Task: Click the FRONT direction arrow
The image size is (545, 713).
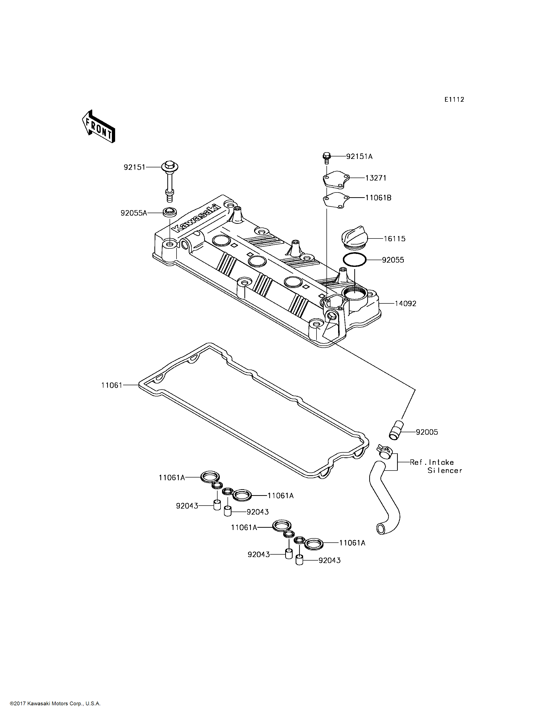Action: coord(98,127)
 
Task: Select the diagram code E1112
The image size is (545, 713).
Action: coord(454,100)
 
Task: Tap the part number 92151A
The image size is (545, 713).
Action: coord(359,156)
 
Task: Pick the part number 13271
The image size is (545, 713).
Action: coord(376,178)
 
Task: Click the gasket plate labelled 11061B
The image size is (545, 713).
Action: coord(336,200)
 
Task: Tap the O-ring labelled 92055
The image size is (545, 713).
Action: coord(355,260)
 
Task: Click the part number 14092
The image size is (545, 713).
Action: coord(405,303)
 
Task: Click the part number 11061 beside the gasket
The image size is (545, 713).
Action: coord(112,385)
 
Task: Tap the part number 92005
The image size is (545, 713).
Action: coord(427,432)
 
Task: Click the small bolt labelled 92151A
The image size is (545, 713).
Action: coord(326,157)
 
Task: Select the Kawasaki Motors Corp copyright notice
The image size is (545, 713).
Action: coord(55,704)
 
